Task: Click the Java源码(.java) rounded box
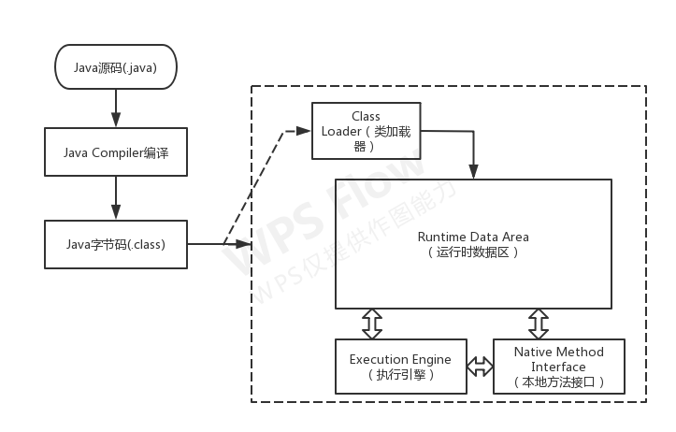pos(115,67)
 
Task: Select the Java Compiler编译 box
pos(115,152)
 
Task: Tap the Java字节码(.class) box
pos(115,245)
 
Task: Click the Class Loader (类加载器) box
pos(365,131)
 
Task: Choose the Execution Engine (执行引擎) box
pos(400,367)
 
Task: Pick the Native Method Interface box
pos(559,367)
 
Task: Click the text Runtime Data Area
pos(472,238)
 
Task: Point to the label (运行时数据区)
pos(472,252)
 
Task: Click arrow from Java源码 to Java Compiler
pos(115,109)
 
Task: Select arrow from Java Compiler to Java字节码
pos(115,198)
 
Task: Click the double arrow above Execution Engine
pos(372,324)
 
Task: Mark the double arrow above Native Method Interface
pos(538,324)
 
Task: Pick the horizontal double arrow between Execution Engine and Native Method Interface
pos(480,367)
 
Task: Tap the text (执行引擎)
pos(400,375)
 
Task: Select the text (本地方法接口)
pos(559,382)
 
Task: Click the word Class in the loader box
pos(366,116)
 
